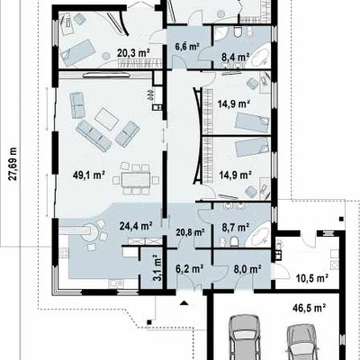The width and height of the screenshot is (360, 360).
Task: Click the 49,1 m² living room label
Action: pos(89,175)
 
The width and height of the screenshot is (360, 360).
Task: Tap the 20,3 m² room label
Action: pos(133,53)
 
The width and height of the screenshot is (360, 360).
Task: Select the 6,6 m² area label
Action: pos(187,47)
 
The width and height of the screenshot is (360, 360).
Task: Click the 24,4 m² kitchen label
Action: pos(136,226)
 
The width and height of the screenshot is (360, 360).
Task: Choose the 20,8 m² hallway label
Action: pos(190,232)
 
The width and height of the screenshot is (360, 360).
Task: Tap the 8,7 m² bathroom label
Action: pos(237,228)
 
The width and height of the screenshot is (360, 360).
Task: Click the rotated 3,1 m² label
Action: pos(157,267)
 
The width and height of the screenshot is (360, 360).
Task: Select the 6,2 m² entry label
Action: pos(190,268)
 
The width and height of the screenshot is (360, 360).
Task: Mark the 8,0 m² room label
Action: pos(247,268)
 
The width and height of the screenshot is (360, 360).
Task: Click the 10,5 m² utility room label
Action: pos(311,278)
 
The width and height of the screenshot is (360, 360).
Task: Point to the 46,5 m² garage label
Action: pos(310,308)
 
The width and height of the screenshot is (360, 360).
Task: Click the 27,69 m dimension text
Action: pos(13,164)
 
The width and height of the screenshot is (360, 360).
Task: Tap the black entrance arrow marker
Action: pos(184,302)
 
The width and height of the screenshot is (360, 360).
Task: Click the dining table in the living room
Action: pos(136,180)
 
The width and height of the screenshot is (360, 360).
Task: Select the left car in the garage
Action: pos(244,337)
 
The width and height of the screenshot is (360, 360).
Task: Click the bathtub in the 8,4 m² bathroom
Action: pos(261,56)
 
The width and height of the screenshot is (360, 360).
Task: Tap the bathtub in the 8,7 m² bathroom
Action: pos(261,234)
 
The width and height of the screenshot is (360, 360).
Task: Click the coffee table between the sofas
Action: pos(107,119)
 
